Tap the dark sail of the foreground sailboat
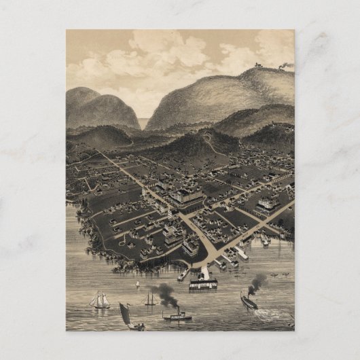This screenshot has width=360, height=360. coord(126,314)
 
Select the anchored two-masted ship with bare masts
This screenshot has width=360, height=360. coord(149,300)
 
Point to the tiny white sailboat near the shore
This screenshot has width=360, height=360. coord(136,283)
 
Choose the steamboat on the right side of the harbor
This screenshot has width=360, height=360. coord(249,302)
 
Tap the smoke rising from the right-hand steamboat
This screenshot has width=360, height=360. coord(257,283)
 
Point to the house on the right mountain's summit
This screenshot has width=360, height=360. coord(258,65)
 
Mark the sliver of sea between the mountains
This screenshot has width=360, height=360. coord(143,124)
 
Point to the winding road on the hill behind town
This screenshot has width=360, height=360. coord(211,145)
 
